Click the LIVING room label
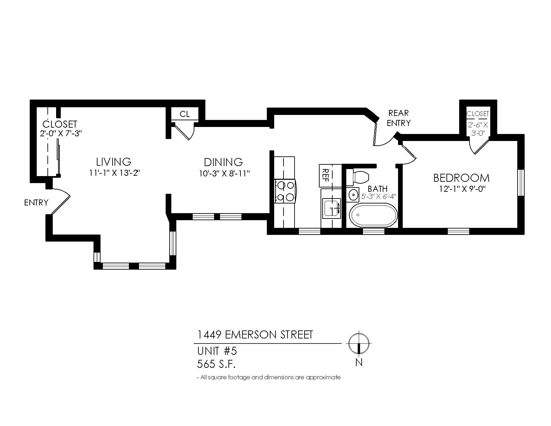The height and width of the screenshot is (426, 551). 114,162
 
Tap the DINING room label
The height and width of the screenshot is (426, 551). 223,162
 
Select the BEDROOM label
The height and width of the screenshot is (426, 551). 461,178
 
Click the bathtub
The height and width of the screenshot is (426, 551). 373,215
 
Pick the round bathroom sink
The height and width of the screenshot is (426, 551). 353,194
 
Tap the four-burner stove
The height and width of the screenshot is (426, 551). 285,191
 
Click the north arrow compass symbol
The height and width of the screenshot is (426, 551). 359,343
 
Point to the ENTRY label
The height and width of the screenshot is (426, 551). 36,203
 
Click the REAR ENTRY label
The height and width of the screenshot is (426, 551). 398,118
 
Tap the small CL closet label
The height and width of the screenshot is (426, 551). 185,114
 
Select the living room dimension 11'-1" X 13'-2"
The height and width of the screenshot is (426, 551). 114,173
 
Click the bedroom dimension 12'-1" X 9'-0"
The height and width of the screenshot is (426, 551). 462,189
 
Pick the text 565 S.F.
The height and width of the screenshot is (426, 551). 216,364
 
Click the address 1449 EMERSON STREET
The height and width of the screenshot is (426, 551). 255,334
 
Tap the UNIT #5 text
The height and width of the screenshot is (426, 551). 217,351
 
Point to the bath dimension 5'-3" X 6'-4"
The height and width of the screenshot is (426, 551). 379,196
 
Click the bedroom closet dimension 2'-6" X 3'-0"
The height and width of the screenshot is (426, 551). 478,129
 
